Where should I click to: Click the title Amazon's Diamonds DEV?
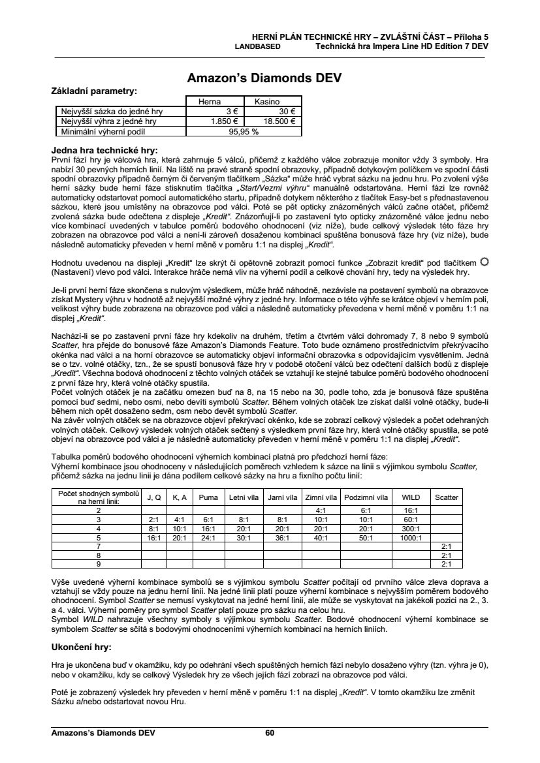(264, 78)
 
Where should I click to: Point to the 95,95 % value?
(244, 131)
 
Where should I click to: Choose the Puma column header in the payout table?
(208, 497)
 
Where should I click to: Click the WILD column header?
(411, 497)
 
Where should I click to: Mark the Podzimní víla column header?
(366, 497)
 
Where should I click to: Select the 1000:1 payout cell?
(411, 537)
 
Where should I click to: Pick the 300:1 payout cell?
(411, 528)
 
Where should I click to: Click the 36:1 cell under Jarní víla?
(282, 537)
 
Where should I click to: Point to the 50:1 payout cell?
(366, 537)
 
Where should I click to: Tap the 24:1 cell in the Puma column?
(208, 537)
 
